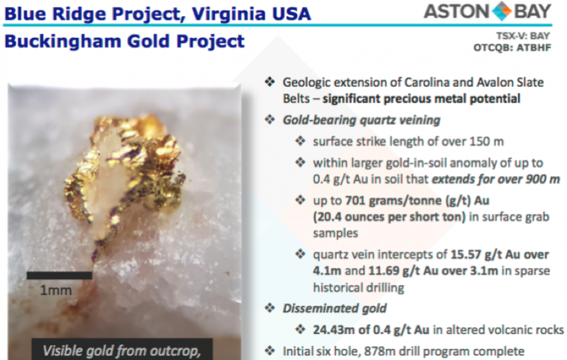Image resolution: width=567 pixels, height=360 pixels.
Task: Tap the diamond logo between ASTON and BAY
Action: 502,11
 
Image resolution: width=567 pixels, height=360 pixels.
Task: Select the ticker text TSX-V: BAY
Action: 523,36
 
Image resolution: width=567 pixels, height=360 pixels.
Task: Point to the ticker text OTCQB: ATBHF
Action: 512,48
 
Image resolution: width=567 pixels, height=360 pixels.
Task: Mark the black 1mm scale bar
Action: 59,275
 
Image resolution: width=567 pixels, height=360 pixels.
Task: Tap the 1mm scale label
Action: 55,290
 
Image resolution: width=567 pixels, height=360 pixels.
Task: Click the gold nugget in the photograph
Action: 124,173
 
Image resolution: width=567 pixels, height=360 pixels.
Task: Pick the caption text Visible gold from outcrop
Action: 121,351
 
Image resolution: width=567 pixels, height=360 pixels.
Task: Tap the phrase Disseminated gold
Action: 334,308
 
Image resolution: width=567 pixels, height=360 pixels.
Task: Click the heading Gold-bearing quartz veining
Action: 361,120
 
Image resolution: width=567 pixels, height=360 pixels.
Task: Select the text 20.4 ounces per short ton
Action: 389,217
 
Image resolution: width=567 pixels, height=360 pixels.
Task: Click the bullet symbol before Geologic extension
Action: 270,82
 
